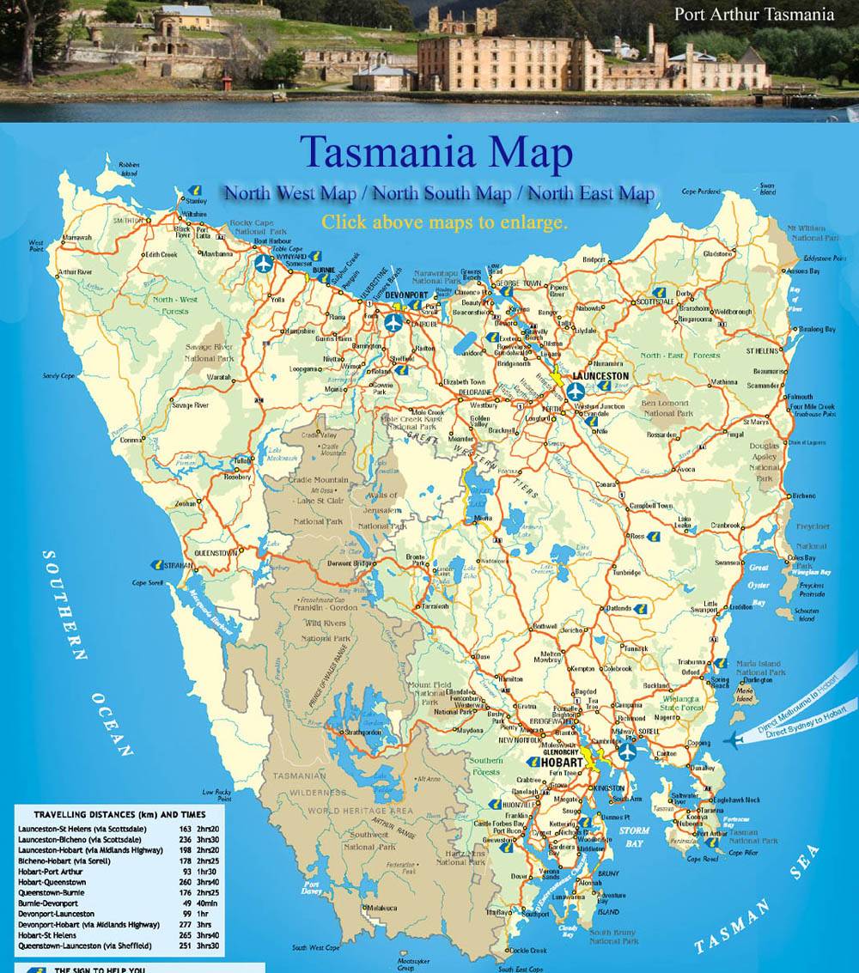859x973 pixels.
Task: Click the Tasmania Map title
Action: (x=436, y=153)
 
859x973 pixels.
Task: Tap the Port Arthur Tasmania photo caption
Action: (x=753, y=14)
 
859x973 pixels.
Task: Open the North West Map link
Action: (x=291, y=192)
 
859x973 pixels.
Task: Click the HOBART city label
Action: (x=563, y=763)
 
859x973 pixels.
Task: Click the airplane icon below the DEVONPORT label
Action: (x=393, y=322)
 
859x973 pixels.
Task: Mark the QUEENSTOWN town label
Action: (x=216, y=553)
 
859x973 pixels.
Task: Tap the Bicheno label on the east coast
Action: (x=804, y=496)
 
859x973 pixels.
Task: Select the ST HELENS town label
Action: (x=762, y=350)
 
